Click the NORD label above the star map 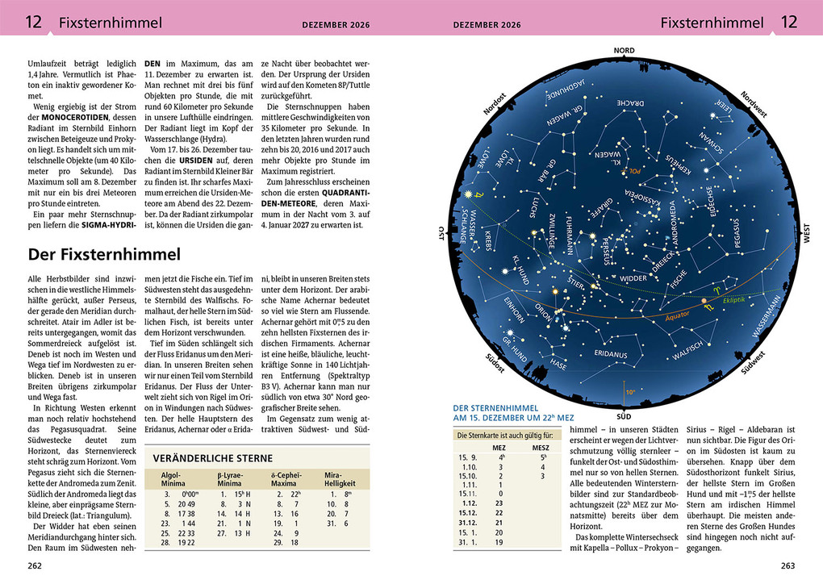pyautogui.click(x=624, y=50)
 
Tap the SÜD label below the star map pyautogui.click(x=624, y=416)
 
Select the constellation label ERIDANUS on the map pyautogui.click(x=611, y=352)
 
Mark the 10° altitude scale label pyautogui.click(x=630, y=392)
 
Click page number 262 pyautogui.click(x=35, y=565)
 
